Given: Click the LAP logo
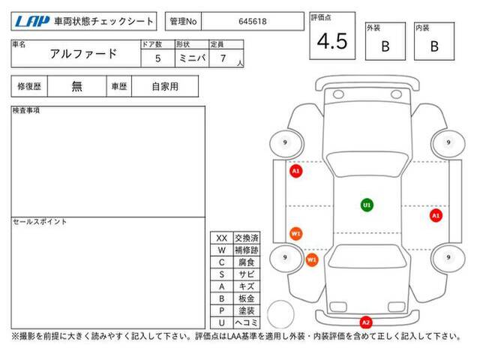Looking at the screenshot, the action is click(x=31, y=22).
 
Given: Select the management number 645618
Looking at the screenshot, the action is click(x=253, y=22).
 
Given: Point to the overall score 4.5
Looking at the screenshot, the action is click(x=332, y=41).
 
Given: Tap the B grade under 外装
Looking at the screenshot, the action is click(x=385, y=46).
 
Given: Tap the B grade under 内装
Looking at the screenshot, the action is click(x=434, y=46).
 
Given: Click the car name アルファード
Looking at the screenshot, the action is click(x=83, y=54).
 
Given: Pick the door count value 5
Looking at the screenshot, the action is click(x=157, y=58).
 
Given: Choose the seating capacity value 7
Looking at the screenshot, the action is click(x=223, y=58).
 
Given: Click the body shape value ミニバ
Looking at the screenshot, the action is click(x=192, y=58).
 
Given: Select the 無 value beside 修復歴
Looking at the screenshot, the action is click(x=76, y=86).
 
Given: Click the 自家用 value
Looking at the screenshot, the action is click(x=165, y=87).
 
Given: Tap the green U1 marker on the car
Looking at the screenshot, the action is click(x=367, y=205).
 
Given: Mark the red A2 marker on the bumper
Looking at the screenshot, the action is click(x=366, y=322).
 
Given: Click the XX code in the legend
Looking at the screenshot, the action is click(x=222, y=238).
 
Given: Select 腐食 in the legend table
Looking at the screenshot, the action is click(x=247, y=262).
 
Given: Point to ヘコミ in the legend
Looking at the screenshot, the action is click(x=247, y=322).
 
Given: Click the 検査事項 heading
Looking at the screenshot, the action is click(x=26, y=110).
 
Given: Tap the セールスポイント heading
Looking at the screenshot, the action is click(x=40, y=222).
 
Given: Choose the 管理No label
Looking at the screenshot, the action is click(x=183, y=22).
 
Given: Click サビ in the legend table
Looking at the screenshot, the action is click(x=247, y=274).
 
